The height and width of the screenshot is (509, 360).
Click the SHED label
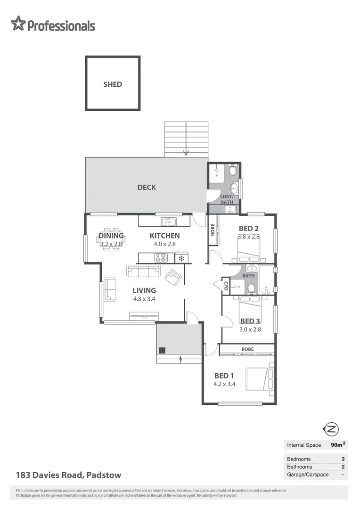tap(113, 84)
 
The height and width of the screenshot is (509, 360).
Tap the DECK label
tap(147, 187)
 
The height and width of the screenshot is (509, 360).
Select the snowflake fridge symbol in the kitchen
tap(181, 258)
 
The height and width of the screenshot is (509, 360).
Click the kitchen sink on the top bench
tap(168, 221)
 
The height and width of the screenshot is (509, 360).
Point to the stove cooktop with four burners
tap(161, 258)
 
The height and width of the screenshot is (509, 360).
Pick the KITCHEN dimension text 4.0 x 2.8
tap(164, 244)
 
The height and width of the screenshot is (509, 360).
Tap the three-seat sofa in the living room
tap(144, 271)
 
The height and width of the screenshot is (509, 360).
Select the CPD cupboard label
tap(226, 286)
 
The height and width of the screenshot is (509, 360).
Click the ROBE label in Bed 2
tap(213, 230)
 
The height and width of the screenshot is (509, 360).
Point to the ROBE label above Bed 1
tap(247, 349)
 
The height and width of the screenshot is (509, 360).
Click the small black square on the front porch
tap(162, 350)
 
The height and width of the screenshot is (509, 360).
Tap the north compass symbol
tap(331, 429)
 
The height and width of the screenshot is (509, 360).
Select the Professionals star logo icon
tap(18, 24)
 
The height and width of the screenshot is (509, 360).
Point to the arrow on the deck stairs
tap(186, 152)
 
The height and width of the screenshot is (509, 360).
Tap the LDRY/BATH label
tap(227, 199)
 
